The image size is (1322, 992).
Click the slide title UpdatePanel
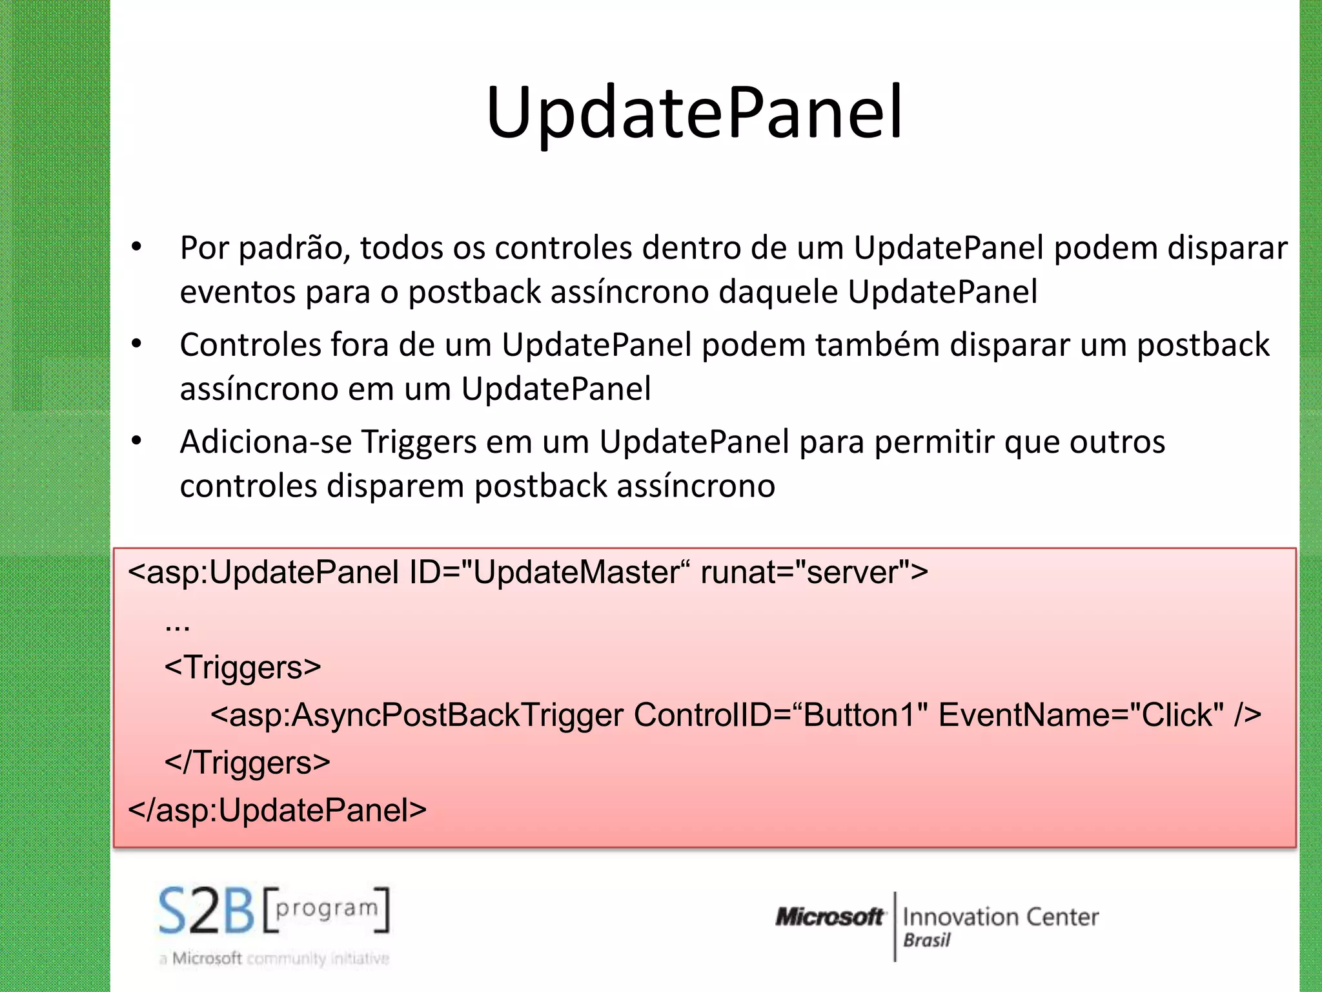point(695,113)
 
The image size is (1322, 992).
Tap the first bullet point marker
point(136,247)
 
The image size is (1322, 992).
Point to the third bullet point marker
point(136,442)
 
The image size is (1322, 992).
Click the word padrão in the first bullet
point(294,249)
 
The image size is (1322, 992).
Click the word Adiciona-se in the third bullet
point(265,442)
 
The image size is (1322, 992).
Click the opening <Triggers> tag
point(243,667)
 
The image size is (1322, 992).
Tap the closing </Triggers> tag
point(247,763)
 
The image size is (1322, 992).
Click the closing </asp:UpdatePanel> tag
point(278,810)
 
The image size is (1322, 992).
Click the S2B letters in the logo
point(207,911)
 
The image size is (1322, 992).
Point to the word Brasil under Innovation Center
point(927,940)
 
